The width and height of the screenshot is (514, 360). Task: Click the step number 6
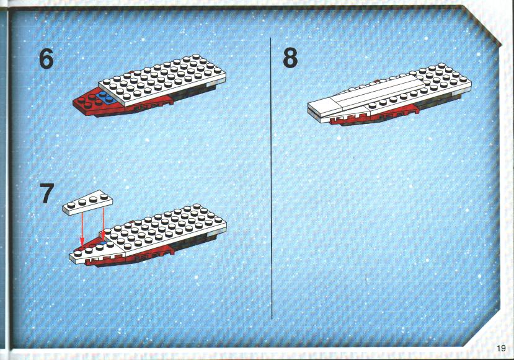pyautogui.click(x=47, y=59)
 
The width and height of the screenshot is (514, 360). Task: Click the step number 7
pyautogui.click(x=47, y=193)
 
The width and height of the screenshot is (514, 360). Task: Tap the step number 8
pyautogui.click(x=290, y=58)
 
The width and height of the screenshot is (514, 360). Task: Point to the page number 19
pyautogui.click(x=501, y=348)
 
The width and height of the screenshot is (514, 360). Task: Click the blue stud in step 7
pyautogui.click(x=104, y=243)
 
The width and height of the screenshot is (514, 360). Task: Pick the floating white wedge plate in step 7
pyautogui.click(x=87, y=203)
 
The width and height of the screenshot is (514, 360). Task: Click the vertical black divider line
pyautogui.click(x=271, y=178)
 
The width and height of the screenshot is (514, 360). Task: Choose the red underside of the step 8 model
pyautogui.click(x=370, y=116)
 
